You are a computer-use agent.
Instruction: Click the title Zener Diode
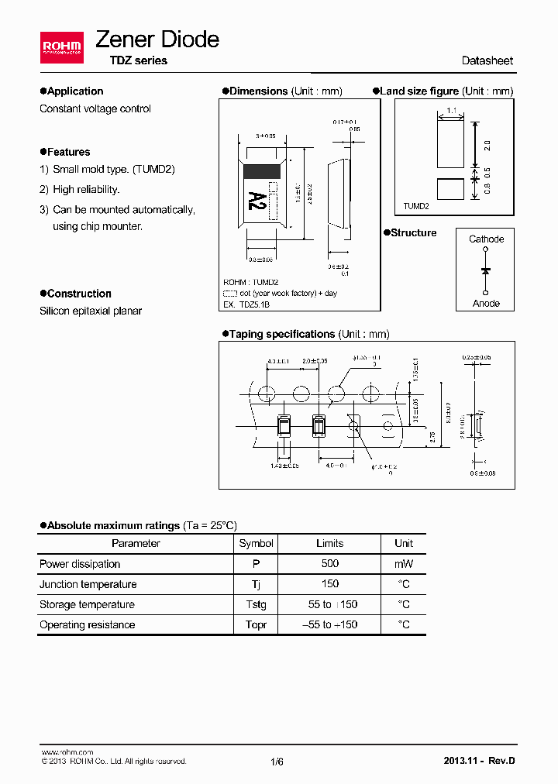(x=157, y=40)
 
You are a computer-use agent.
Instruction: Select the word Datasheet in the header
(x=487, y=60)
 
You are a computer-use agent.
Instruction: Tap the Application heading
(x=74, y=91)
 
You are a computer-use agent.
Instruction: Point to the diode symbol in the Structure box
(x=486, y=270)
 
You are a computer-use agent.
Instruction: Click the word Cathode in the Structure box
(x=486, y=239)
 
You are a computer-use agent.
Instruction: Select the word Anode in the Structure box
(x=486, y=304)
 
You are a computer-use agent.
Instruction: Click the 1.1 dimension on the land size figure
(x=452, y=112)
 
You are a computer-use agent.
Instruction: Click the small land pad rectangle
(x=452, y=189)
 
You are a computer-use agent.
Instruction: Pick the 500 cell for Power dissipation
(x=330, y=564)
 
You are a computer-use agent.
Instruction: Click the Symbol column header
(x=256, y=544)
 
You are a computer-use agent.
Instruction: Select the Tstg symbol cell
(x=256, y=604)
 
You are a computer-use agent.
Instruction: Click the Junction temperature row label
(x=88, y=584)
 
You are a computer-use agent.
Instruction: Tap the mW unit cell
(x=404, y=564)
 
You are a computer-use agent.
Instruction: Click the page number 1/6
(x=277, y=762)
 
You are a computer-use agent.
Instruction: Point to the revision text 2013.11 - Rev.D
(x=478, y=761)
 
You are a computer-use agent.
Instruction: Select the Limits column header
(x=330, y=544)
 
